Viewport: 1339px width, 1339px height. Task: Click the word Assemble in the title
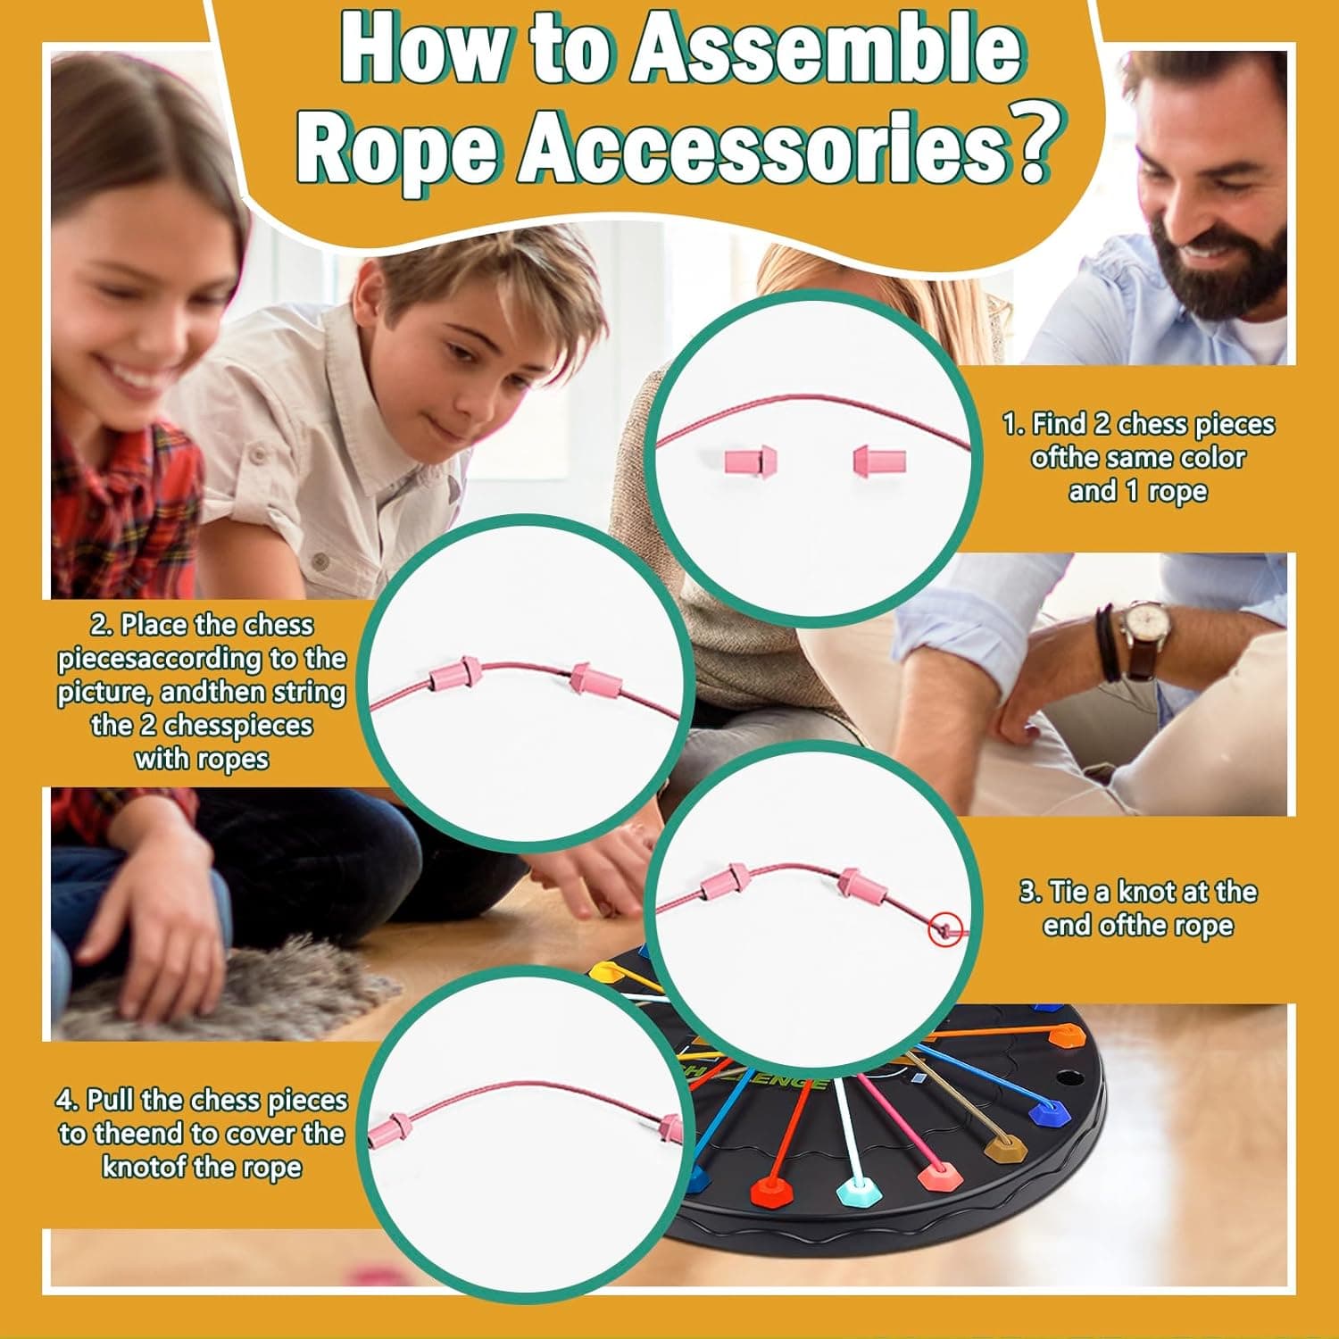(x=826, y=54)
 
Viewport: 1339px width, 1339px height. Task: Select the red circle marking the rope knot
(x=945, y=930)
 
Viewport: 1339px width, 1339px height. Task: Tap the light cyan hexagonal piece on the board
(x=855, y=1190)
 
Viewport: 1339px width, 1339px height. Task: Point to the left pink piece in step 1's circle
(x=750, y=462)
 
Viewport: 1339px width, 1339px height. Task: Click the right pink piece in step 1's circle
(x=880, y=462)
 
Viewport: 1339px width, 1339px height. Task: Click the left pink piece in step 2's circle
(x=454, y=675)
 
